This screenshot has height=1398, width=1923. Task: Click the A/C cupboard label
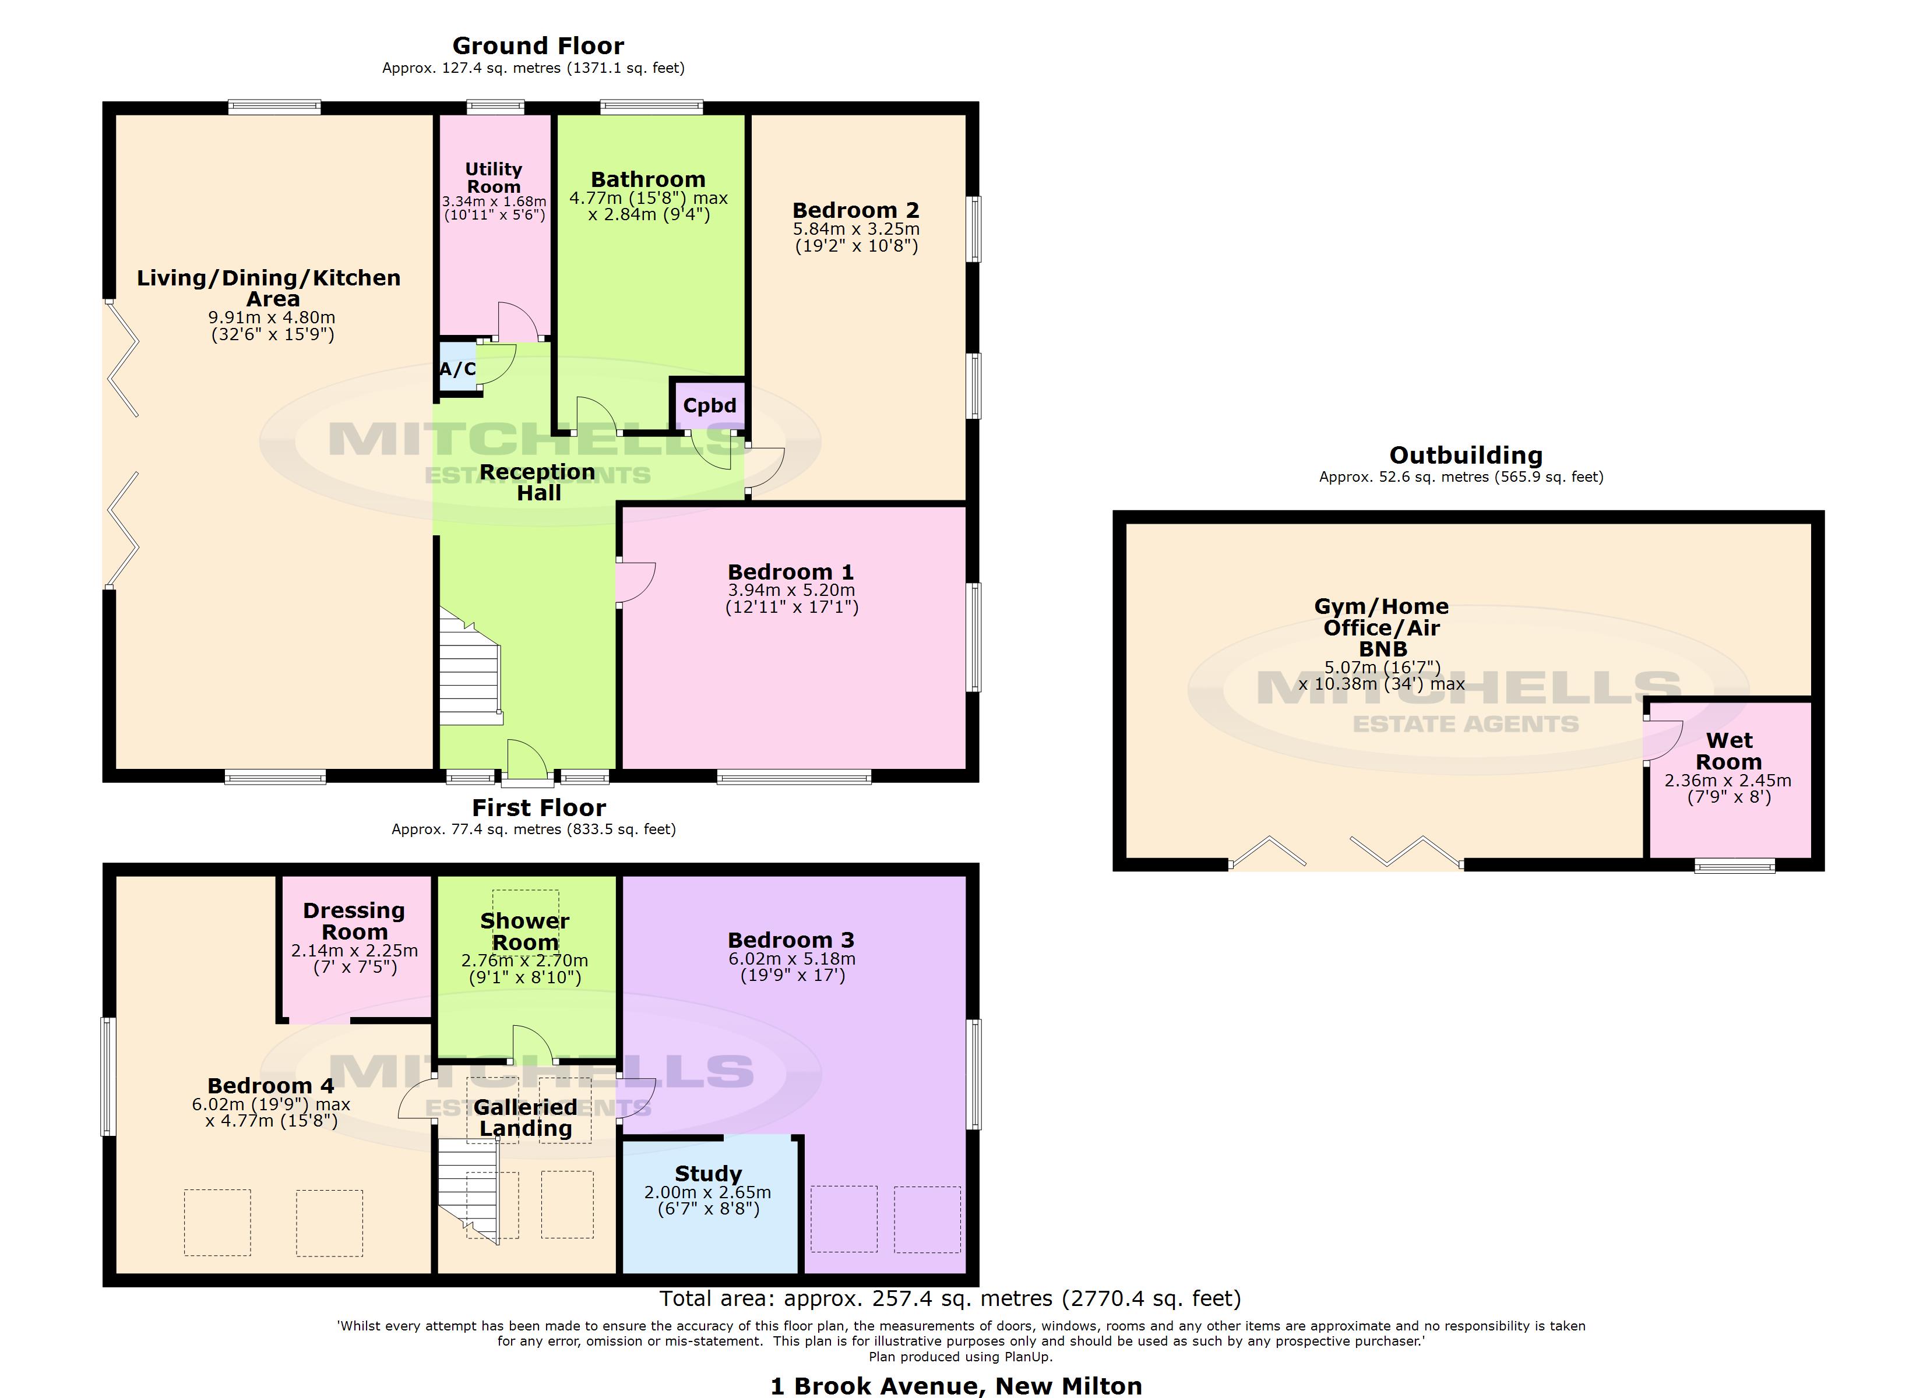[x=457, y=369]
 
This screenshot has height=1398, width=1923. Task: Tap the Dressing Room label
[x=354, y=921]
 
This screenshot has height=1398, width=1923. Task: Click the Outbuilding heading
[x=1465, y=456]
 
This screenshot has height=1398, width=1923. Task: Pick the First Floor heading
[x=538, y=807]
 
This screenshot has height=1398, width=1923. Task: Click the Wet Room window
[x=1734, y=866]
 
